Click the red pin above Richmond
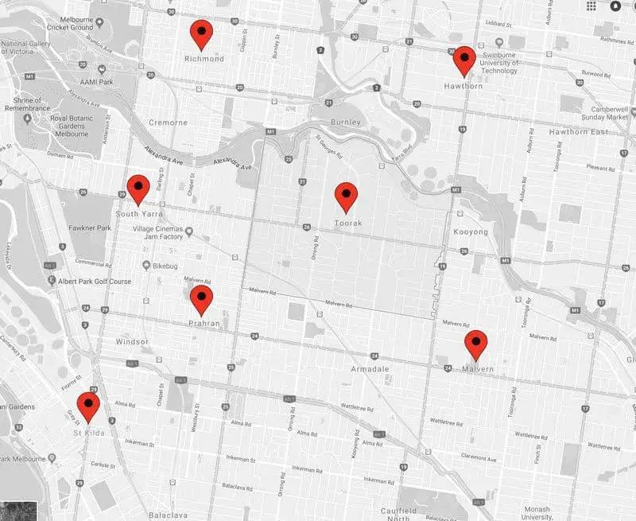(x=202, y=33)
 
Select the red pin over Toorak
(x=346, y=196)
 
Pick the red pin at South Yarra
(x=138, y=189)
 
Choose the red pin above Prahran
(x=201, y=300)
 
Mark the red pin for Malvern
(x=475, y=344)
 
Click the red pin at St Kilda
(x=87, y=406)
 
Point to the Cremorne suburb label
(x=168, y=122)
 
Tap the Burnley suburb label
(x=345, y=122)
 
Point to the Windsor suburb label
(x=132, y=341)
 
